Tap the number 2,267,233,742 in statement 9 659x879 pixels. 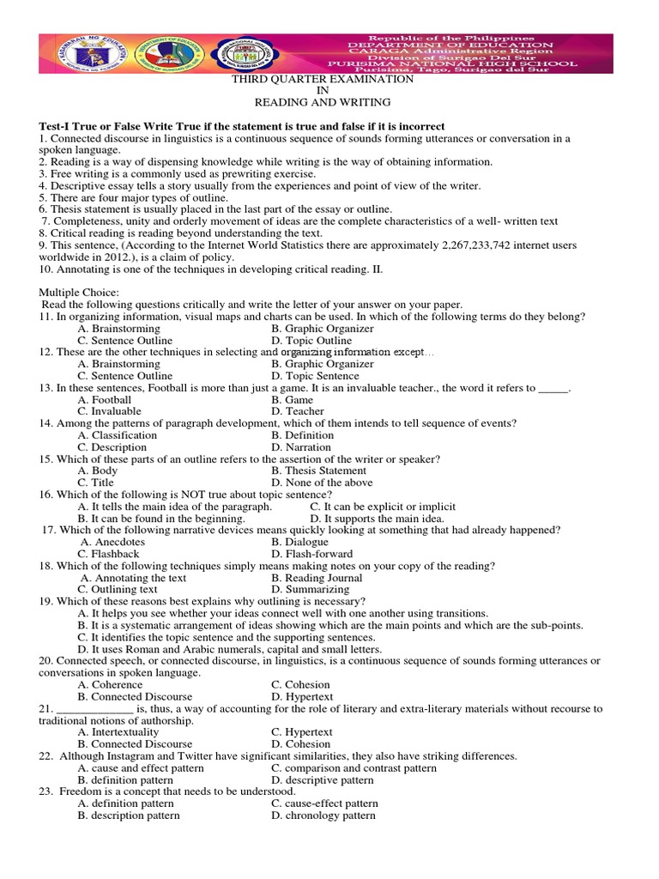(x=483, y=246)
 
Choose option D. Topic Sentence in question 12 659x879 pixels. (x=314, y=376)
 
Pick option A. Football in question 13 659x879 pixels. (x=104, y=400)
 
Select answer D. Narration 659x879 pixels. (x=300, y=447)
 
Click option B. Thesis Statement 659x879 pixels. (x=318, y=470)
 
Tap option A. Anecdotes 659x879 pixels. (x=112, y=543)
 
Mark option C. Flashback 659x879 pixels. (x=108, y=555)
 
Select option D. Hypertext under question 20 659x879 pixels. (x=302, y=697)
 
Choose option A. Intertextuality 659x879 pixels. (x=118, y=732)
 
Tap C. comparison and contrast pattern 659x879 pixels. (x=354, y=768)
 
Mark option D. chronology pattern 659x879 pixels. (x=323, y=815)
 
